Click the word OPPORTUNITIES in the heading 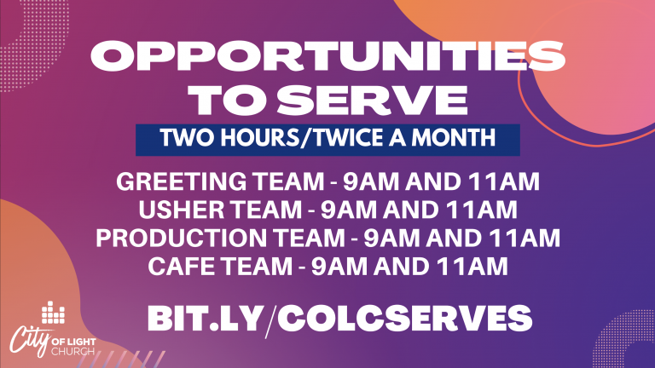(327, 56)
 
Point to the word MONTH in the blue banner (453, 138)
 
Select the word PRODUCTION (181, 238)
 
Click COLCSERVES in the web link (404, 319)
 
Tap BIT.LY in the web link (205, 319)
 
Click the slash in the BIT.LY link (270, 320)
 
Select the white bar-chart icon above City (53, 313)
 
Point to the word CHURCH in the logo (72, 351)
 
